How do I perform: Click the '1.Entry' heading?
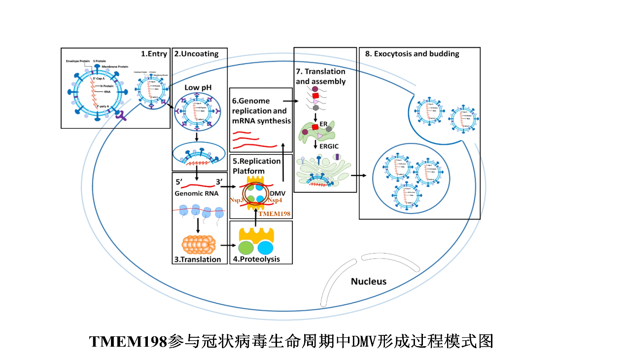pyautogui.click(x=154, y=54)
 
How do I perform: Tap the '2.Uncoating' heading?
pyautogui.click(x=196, y=54)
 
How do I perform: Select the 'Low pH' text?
pyautogui.click(x=199, y=87)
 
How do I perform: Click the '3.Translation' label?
pyautogui.click(x=197, y=259)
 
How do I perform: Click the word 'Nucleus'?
pyautogui.click(x=369, y=282)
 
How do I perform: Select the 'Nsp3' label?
pyautogui.click(x=237, y=201)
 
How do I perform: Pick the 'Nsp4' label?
pyautogui.click(x=275, y=201)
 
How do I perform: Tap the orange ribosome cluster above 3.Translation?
pyautogui.click(x=199, y=243)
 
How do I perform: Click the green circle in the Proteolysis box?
pyautogui.click(x=246, y=248)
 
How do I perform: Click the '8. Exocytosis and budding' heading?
pyautogui.click(x=412, y=54)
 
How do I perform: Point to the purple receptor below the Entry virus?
pyautogui.click(x=120, y=116)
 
